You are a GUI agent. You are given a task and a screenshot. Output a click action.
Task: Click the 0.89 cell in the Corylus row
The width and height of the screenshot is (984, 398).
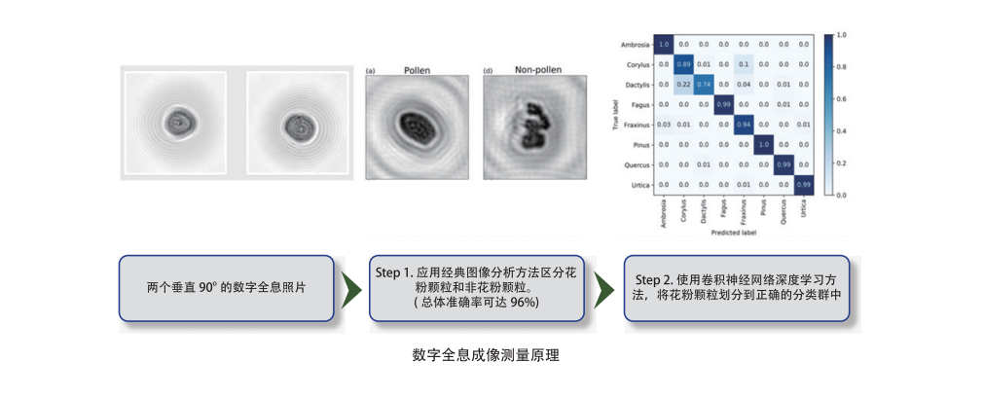tap(683, 64)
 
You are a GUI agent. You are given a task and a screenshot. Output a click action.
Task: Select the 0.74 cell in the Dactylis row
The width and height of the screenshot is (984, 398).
tap(704, 85)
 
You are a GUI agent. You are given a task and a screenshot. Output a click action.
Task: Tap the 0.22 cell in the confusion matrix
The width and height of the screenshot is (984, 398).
tap(683, 85)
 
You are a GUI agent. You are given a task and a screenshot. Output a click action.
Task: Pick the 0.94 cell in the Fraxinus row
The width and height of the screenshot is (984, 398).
tap(744, 124)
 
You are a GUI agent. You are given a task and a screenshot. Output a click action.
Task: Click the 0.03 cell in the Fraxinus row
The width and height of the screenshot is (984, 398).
tap(663, 124)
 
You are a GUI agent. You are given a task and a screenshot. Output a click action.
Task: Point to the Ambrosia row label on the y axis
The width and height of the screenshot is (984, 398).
tap(636, 45)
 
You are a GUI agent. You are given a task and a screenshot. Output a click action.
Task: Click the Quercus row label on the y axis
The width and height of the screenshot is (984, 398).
tap(637, 163)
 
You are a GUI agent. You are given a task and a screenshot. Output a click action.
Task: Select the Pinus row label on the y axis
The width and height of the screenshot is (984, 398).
tap(639, 144)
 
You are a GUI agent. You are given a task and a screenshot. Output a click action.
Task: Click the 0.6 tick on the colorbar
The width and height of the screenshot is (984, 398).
tap(843, 99)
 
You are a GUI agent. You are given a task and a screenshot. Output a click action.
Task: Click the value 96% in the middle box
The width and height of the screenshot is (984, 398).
tap(523, 305)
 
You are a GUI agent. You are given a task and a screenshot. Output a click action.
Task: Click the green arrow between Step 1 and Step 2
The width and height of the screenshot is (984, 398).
tap(605, 289)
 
